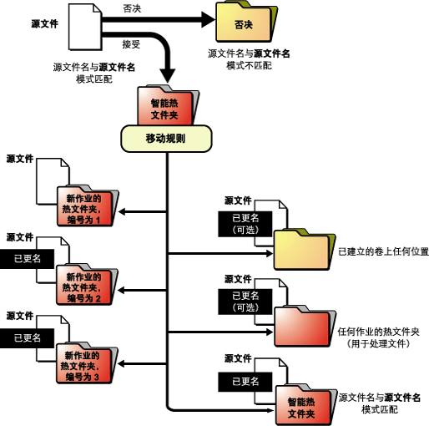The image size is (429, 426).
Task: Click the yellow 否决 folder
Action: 246,22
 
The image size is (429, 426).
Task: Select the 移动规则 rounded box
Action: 166,139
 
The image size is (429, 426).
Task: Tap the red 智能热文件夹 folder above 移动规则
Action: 168,105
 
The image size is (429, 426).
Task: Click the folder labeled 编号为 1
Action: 88,205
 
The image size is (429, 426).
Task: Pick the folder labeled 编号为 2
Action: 87,284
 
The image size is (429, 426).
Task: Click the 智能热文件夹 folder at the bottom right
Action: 305,404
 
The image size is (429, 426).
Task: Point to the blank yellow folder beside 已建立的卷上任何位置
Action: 305,249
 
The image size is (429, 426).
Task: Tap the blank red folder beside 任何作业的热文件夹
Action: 305,327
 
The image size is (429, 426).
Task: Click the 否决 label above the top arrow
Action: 132,8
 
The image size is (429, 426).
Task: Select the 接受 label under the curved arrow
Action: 131,44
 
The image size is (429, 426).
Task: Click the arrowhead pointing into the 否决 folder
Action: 209,19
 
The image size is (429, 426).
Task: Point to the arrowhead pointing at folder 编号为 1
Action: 122,211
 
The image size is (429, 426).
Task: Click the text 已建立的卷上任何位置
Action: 383,251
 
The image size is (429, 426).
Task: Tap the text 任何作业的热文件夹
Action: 378,332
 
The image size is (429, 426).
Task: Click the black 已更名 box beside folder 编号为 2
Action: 27,259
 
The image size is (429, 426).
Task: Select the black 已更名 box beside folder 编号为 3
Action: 27,338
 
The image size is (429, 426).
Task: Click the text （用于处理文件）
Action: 378,343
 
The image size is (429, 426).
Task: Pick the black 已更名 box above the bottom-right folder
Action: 245,382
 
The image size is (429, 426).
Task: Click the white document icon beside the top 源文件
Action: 85,27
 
